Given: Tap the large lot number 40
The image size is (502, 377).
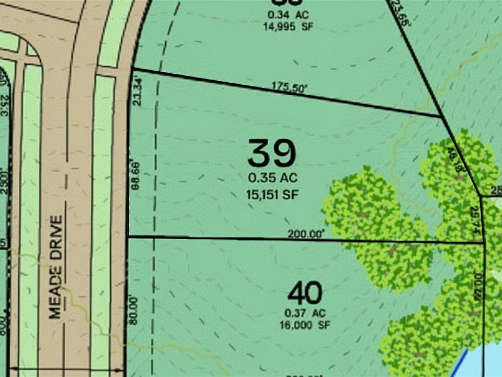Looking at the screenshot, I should pos(305,293).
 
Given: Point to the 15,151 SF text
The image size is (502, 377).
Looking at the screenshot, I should pos(272,194).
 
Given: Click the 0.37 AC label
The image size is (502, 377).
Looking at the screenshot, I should pos(305,313).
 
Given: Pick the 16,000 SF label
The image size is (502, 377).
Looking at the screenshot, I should pos(305,324).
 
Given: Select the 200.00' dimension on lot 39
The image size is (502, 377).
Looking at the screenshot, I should pos(306,235).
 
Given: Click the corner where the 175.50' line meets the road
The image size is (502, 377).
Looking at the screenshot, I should pos(132,69).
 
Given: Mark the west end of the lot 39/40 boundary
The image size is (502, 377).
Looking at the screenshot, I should pos(129,237).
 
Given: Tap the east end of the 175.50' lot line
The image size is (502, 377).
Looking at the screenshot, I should pos(440,116).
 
